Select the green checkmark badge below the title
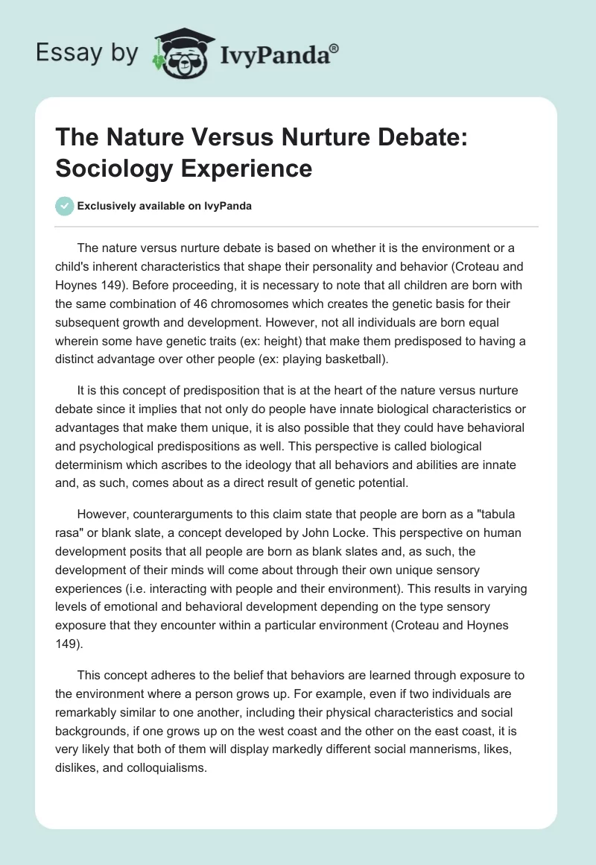66,206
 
